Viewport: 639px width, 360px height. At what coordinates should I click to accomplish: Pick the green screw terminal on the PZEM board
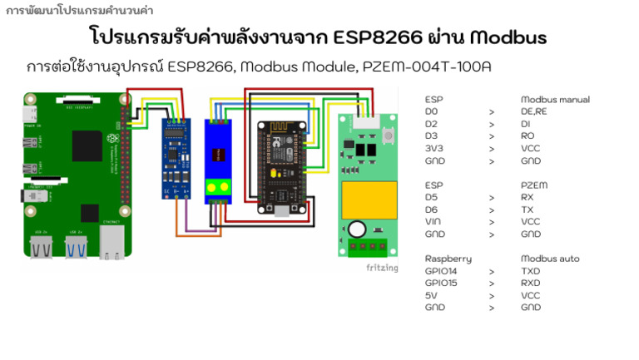tap(369, 247)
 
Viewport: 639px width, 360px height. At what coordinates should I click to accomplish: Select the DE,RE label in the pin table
tap(533, 111)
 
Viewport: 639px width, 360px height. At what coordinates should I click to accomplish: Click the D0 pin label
tap(431, 111)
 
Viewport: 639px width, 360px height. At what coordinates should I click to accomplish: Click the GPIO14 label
tap(441, 271)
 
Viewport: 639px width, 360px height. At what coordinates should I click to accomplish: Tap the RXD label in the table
tap(530, 284)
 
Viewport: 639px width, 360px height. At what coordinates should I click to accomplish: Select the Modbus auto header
tap(550, 259)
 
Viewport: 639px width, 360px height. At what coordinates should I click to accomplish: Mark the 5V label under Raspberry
tap(430, 295)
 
